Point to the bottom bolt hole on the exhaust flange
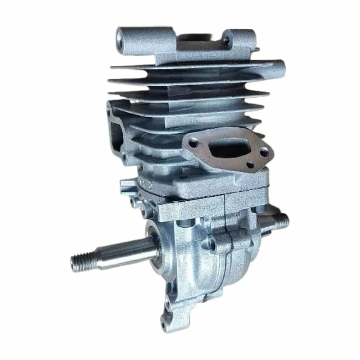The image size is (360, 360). [x=249, y=165]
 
